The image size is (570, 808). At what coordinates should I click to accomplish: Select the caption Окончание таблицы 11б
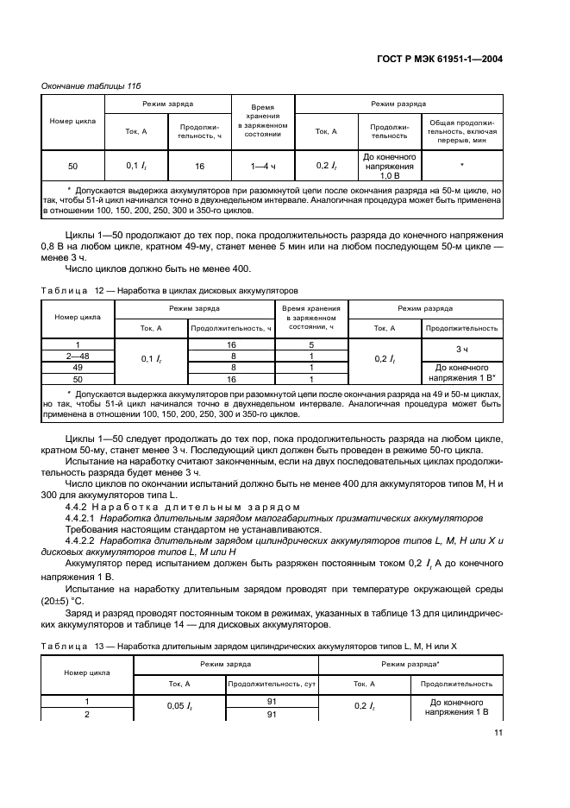coord(88,85)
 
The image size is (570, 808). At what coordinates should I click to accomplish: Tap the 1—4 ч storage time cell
coord(262,165)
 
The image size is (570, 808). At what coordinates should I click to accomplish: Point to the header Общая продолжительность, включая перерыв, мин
coord(461,129)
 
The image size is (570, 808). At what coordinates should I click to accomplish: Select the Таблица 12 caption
coord(171,291)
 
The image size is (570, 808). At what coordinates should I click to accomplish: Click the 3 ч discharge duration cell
coord(462,349)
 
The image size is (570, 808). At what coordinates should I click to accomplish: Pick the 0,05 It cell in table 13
coord(178,708)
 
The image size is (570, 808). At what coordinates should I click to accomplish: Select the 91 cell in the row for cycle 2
coord(271,715)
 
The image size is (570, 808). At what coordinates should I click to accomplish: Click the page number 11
coord(498,734)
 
